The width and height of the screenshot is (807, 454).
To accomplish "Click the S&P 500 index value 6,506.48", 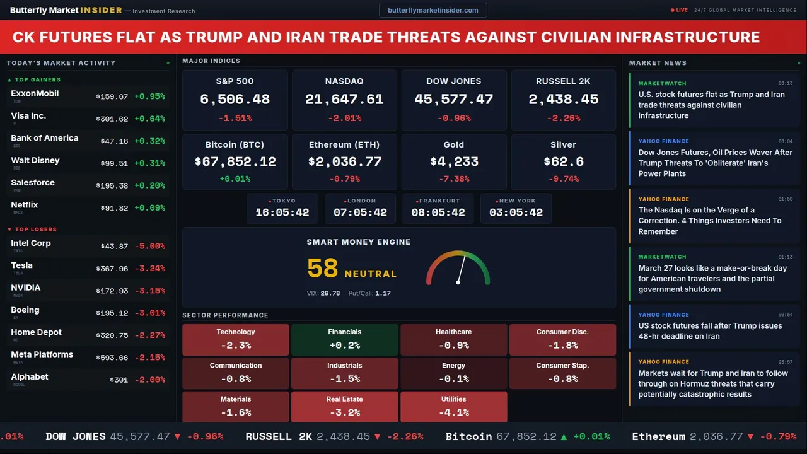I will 235,100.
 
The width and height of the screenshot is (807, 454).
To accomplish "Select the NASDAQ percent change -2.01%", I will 344,118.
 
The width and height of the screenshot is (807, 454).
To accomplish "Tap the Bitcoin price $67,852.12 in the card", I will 235,162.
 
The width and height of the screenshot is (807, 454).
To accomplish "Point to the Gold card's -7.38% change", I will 453,179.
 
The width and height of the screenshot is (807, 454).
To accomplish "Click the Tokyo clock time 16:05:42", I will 282,212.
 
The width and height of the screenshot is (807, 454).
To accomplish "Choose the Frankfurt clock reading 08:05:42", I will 438,212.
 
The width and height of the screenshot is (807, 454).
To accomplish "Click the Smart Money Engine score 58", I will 323,269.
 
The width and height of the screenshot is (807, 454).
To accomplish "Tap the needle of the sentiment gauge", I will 461,268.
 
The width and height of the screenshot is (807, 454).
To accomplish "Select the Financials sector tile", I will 344,339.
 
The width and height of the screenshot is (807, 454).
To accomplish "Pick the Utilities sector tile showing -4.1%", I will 453,407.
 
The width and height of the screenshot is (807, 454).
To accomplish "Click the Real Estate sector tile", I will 344,407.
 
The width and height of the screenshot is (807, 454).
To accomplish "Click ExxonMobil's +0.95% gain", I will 149,96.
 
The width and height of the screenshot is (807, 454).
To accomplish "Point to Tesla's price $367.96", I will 112,269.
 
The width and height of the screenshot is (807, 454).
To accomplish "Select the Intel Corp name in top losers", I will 31,243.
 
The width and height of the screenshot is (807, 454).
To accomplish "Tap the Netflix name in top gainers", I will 25,205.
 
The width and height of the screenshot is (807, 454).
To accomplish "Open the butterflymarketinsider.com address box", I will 433,10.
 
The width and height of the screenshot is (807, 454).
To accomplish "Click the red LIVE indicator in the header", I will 680,10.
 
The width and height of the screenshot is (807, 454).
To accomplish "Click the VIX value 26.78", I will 330,293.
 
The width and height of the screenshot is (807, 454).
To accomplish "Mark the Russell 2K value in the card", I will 563,100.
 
